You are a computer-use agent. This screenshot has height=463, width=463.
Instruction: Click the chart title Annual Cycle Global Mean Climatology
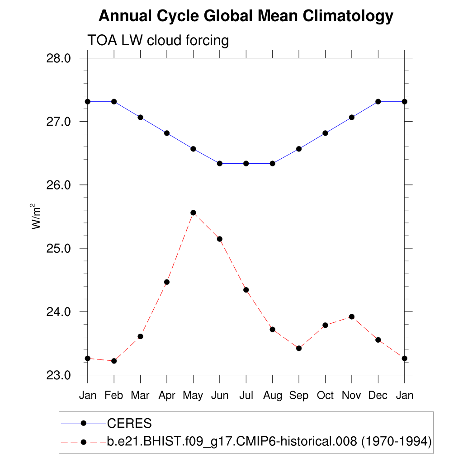click(246, 16)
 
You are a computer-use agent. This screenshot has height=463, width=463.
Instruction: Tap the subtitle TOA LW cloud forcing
click(158, 41)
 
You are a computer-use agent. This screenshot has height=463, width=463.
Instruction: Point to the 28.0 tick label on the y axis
click(59, 58)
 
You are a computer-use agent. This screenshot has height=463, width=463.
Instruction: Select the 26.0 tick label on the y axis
click(59, 185)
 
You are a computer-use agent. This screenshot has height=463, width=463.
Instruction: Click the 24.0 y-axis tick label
click(59, 312)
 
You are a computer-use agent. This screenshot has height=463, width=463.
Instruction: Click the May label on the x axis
click(193, 396)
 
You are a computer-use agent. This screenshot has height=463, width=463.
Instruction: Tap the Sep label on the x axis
click(299, 396)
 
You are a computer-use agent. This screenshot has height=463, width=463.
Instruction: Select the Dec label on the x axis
click(378, 396)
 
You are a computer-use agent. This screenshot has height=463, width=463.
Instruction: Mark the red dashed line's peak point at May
click(193, 213)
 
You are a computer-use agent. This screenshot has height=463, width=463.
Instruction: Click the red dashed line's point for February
click(114, 361)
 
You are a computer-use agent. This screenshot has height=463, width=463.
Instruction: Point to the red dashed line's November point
click(352, 317)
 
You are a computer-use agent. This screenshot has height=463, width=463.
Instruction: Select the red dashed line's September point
click(299, 348)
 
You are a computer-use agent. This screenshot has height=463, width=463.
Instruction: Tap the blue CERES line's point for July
click(246, 163)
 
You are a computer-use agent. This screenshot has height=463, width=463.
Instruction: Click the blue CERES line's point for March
click(140, 117)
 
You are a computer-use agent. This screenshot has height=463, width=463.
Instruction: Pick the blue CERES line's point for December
click(378, 101)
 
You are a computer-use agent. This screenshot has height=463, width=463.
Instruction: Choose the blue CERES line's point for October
click(325, 133)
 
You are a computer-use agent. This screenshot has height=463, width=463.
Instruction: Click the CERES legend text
click(129, 424)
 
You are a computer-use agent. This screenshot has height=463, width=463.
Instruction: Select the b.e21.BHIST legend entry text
click(269, 442)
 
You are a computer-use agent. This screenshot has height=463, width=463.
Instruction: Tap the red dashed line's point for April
click(167, 282)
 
